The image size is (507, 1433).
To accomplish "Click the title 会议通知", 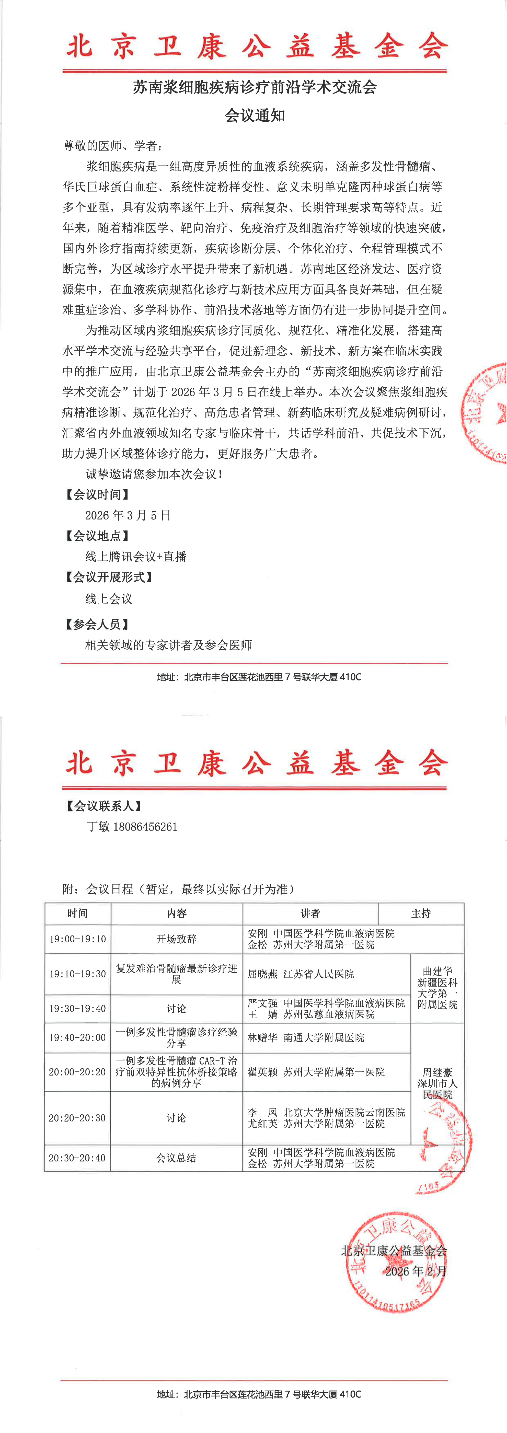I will click(x=254, y=116).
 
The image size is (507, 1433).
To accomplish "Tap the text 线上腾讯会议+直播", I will click(x=136, y=557).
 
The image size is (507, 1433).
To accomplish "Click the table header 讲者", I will click(x=310, y=914).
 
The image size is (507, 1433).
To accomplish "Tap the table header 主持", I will click(x=421, y=914).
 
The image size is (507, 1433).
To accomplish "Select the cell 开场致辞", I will click(x=176, y=939).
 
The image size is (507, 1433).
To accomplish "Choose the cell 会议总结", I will click(x=176, y=1158).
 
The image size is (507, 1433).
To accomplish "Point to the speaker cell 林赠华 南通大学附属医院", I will click(x=306, y=1037).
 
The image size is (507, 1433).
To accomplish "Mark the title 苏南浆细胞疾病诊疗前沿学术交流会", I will click(x=254, y=87).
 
